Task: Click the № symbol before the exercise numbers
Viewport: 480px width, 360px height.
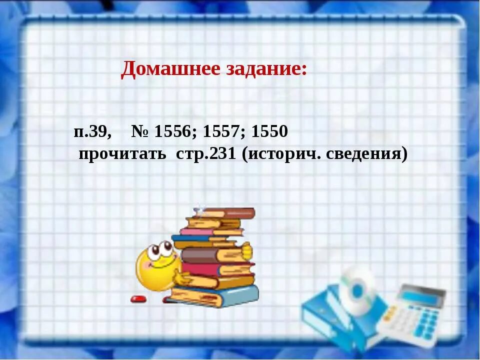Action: click(141, 132)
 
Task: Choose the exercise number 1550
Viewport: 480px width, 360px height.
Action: click(269, 132)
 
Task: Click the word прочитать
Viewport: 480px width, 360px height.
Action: click(122, 154)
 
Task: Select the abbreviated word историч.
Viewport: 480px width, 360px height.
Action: click(282, 154)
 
